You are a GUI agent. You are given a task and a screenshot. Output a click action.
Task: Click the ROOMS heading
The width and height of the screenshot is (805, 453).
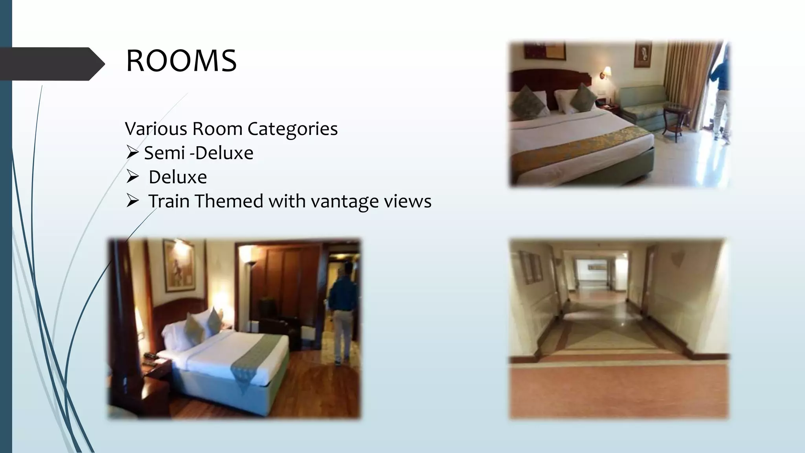point(181,61)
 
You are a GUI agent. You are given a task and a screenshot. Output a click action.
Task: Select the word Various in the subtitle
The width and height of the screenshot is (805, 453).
point(156,129)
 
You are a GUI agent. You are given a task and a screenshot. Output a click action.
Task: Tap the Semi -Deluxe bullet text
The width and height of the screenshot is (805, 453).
point(198,153)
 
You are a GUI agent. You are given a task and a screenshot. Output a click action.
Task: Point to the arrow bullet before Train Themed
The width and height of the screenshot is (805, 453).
point(132,201)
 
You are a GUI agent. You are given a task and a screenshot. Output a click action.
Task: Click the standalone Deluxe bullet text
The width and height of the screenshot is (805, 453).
point(178,177)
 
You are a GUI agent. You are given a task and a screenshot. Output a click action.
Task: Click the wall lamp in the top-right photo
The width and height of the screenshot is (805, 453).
point(607,72)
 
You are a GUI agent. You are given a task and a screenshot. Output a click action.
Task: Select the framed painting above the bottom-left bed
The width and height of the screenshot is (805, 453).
point(179,265)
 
